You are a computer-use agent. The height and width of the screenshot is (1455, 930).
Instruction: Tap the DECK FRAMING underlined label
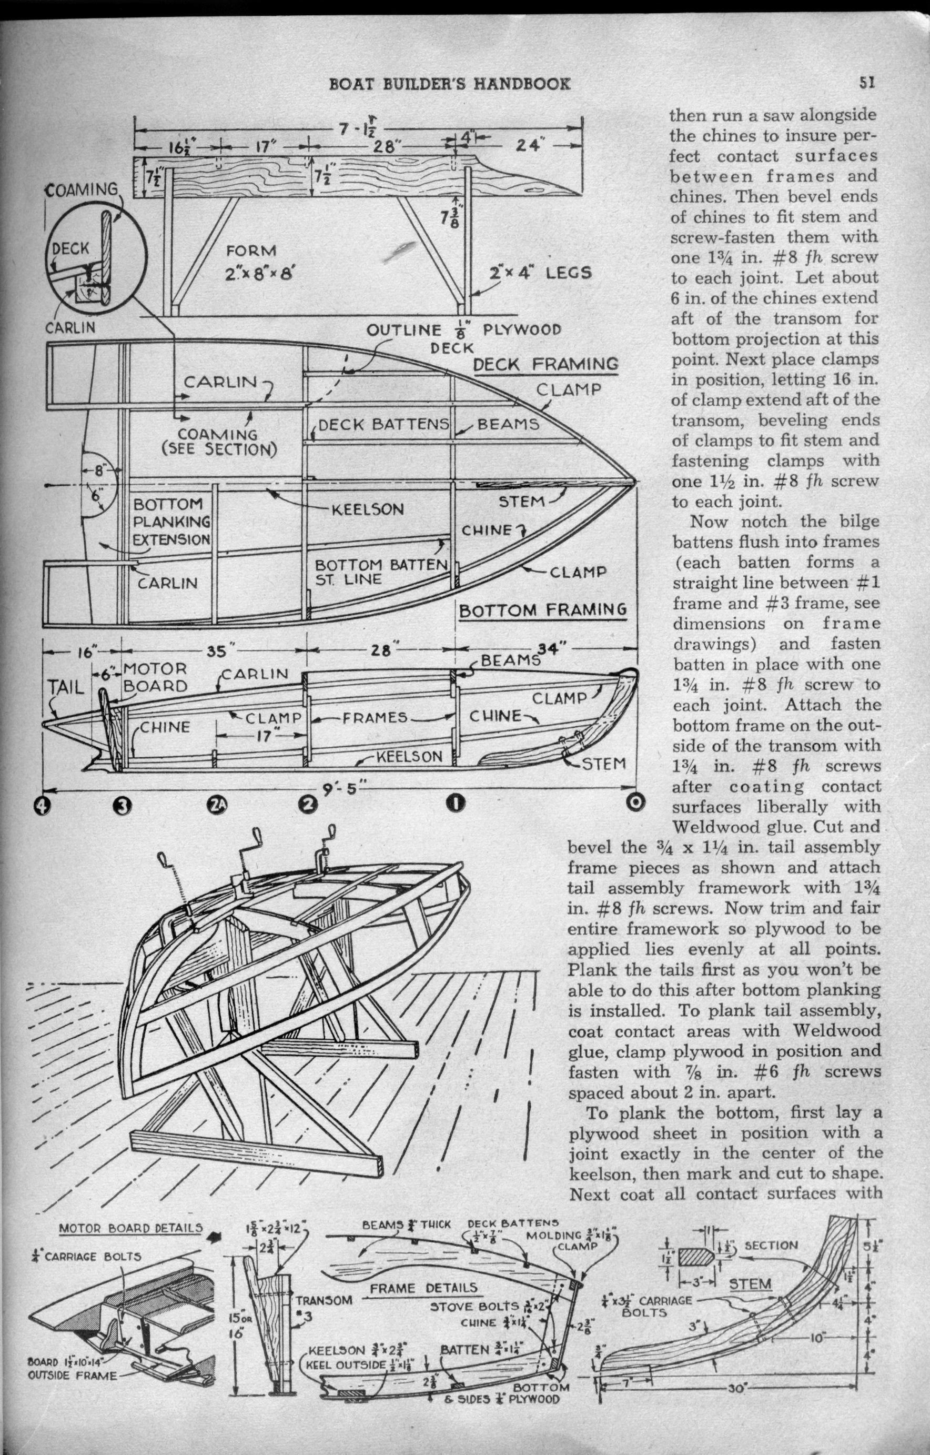tap(546, 364)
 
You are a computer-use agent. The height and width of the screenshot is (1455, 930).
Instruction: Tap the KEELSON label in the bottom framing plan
tap(367, 509)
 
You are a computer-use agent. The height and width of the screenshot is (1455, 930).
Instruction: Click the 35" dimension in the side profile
tap(216, 652)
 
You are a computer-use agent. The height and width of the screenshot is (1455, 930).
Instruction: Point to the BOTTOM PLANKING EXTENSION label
tap(171, 521)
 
